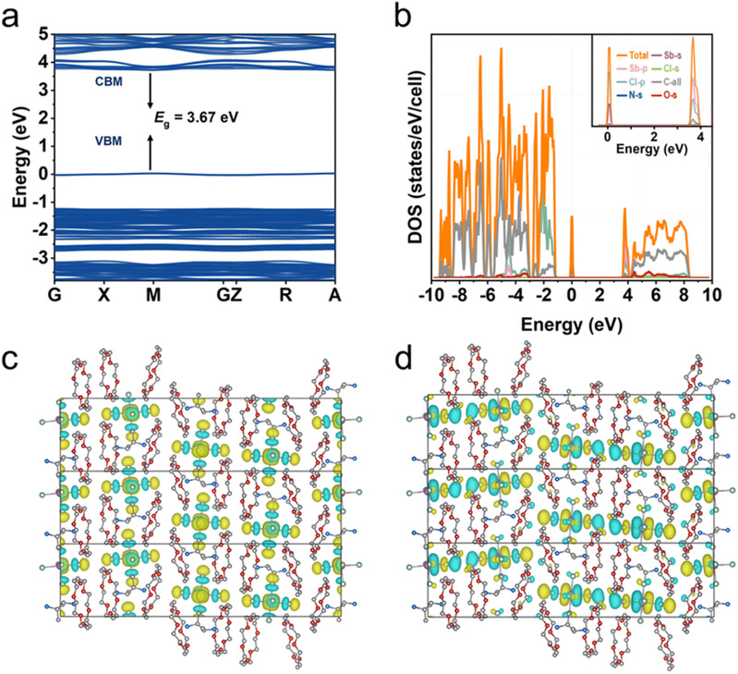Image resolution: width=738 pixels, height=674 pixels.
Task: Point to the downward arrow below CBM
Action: click(150, 91)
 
